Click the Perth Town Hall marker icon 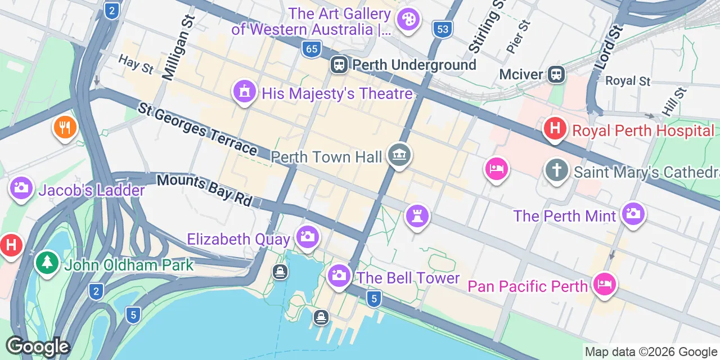pos(399,155)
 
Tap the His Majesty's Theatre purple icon pos(244,91)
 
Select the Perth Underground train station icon pos(339,65)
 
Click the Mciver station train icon pos(556,74)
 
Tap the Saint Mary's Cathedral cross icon pos(556,170)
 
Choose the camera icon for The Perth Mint pos(633,214)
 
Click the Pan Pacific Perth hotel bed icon pos(604,283)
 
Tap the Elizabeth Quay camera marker pos(307,236)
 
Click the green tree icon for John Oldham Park pos(47,263)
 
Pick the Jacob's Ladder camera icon pos(21,188)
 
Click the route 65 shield pos(310,49)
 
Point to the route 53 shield pos(443,29)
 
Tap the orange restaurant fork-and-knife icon pos(65,127)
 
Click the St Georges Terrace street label pos(197,129)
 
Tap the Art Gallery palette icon pos(407,20)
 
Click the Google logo pos(38,346)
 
